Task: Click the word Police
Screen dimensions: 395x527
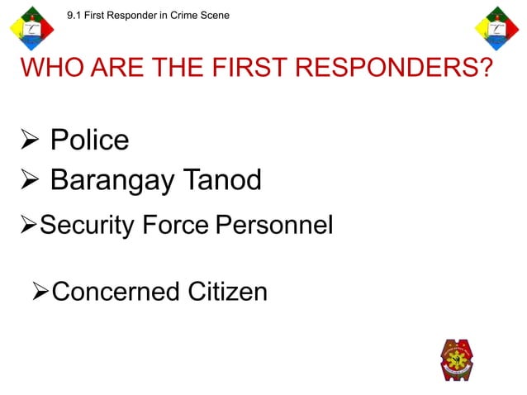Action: pos(89,140)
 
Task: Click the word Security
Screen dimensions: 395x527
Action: pos(86,224)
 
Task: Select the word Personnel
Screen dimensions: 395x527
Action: pos(273,224)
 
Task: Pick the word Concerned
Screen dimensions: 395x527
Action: pos(114,291)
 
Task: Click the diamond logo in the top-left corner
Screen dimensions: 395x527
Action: pos(33,30)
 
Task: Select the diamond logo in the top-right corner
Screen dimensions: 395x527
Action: pos(496,30)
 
